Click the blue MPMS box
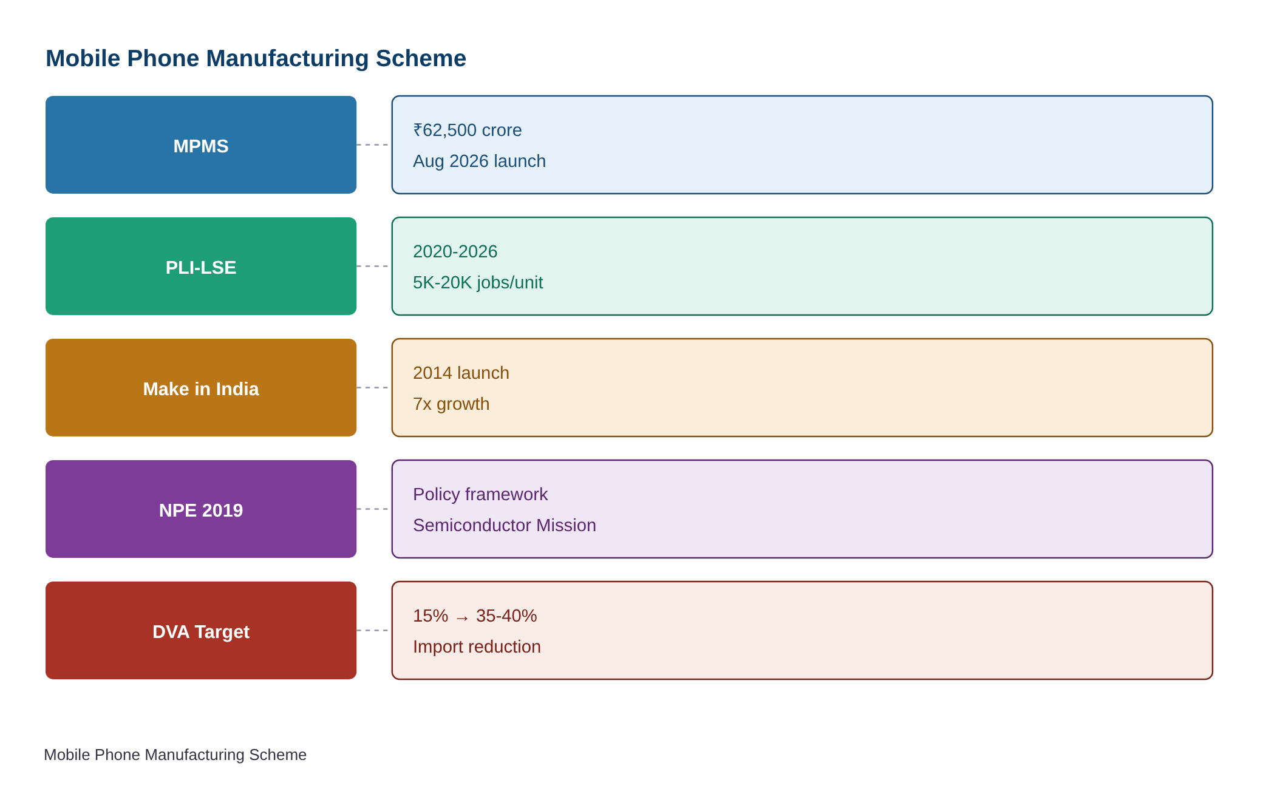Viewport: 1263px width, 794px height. (201, 144)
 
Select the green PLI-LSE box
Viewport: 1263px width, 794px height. (201, 266)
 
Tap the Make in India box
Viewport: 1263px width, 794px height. (201, 387)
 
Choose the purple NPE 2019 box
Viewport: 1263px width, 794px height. (201, 509)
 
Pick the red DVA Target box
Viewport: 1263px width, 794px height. (201, 630)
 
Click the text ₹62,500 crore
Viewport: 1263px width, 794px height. (467, 130)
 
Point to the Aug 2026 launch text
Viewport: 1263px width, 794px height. (479, 161)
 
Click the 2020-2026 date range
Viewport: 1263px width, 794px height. (455, 251)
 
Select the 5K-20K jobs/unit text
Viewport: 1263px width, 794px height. (478, 282)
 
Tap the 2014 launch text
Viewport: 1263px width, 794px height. (461, 373)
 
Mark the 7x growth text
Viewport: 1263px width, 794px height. (451, 404)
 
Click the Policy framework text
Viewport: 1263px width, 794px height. (480, 494)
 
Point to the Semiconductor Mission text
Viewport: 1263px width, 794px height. (505, 525)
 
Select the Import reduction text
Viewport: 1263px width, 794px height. (477, 646)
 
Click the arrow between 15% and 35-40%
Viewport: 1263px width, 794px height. (462, 618)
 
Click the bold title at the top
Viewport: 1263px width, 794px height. (256, 58)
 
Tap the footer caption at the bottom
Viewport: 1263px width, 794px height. (175, 755)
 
